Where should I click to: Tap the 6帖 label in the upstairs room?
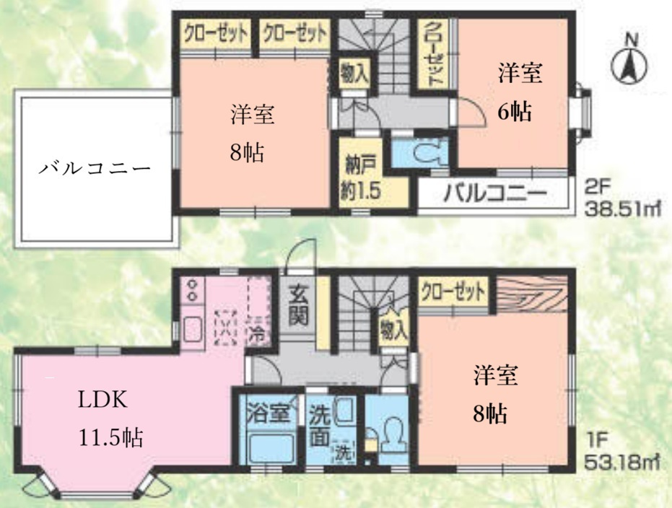click(x=514, y=112)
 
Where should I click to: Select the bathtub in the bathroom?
click(x=266, y=447)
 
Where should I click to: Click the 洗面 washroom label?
click(x=320, y=426)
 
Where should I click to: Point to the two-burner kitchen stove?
click(x=193, y=290)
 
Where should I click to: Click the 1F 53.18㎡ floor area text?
click(x=623, y=450)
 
